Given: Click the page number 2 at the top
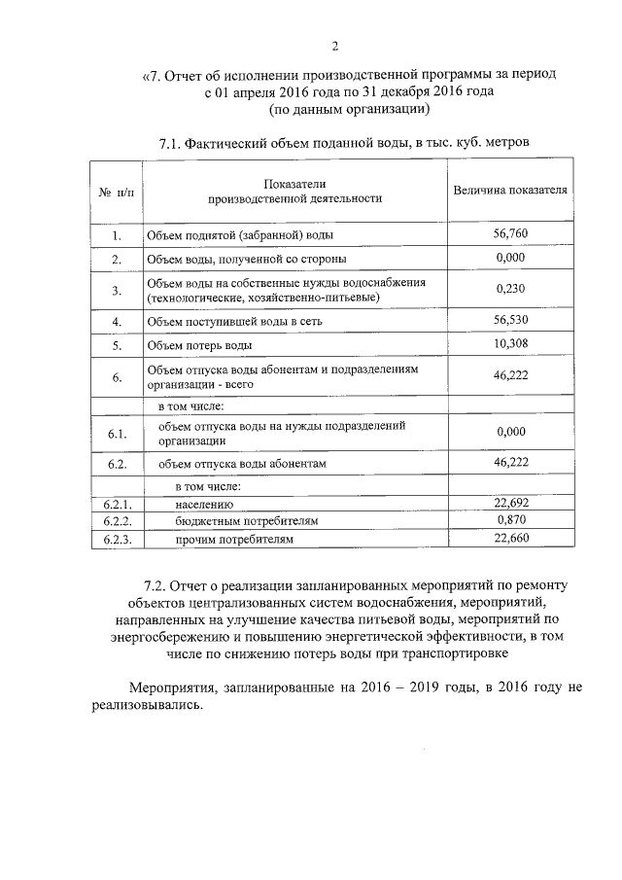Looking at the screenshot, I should (333, 45).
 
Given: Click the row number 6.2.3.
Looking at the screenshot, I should (116, 538).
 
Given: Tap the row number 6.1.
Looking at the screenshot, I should (116, 433).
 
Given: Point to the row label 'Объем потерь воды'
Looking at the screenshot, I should (199, 345).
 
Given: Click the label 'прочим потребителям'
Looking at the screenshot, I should (233, 538).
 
